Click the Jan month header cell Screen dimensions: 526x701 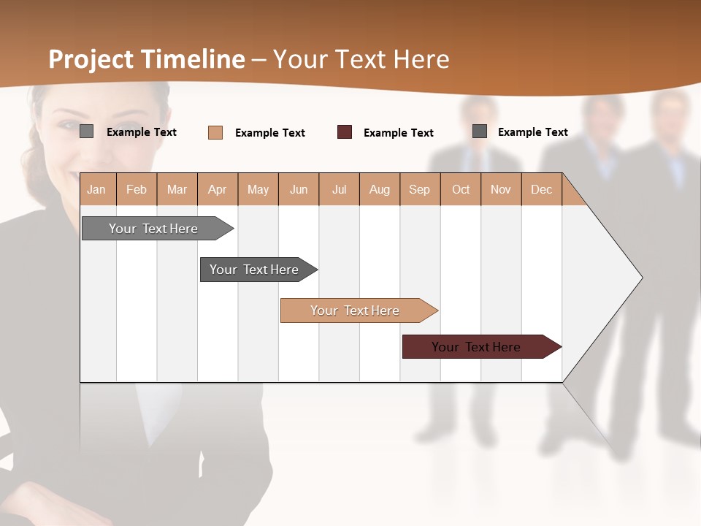[96, 189]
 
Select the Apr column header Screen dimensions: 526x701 [217, 189]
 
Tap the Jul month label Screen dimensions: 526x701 [339, 189]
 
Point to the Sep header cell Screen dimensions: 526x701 [419, 189]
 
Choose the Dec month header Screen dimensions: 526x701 [541, 189]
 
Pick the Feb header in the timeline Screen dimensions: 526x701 [137, 189]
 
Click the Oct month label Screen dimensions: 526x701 [461, 189]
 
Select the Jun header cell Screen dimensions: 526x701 [299, 189]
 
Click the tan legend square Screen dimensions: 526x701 [215, 132]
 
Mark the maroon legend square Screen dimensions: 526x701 [345, 132]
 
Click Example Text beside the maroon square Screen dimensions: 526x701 [399, 132]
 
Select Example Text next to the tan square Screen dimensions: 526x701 [270, 132]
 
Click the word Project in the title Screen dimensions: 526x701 [91, 59]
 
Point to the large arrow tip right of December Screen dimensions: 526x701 [628, 278]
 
